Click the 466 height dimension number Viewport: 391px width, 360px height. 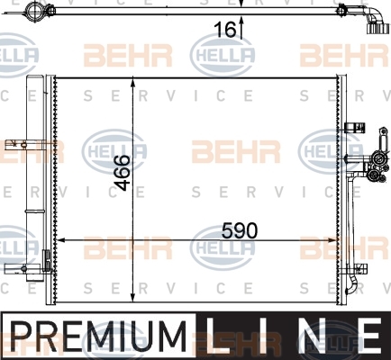123,173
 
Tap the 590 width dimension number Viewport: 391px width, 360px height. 240,230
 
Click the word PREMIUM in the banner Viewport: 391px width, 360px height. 98,337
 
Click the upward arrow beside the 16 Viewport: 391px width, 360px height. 241,27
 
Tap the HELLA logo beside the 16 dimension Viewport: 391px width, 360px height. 223,55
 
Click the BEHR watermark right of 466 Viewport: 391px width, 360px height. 236,151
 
